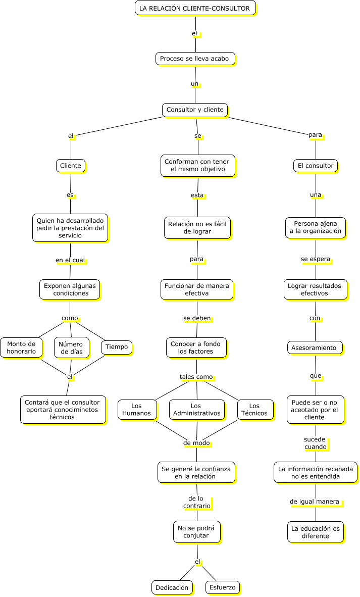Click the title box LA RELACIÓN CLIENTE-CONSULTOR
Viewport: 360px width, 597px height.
click(195, 8)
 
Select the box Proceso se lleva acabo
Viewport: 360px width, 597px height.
click(195, 59)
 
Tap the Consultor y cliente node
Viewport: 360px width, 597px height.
click(195, 110)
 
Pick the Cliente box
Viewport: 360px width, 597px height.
click(70, 166)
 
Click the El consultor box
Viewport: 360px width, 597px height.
click(316, 166)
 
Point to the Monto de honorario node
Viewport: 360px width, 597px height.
click(21, 347)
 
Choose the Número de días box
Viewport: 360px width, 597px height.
click(72, 347)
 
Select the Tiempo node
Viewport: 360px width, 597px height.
click(117, 347)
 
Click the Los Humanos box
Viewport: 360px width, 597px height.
click(137, 410)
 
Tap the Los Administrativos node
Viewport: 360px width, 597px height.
click(197, 410)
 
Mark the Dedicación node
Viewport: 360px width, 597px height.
click(172, 587)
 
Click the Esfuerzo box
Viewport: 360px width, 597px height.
click(223, 587)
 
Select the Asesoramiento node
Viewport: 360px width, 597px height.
click(315, 347)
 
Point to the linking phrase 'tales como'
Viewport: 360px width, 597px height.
click(196, 377)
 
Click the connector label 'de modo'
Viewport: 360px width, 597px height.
click(196, 443)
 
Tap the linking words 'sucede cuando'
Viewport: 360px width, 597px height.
click(315, 443)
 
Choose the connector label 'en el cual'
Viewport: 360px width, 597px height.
click(70, 260)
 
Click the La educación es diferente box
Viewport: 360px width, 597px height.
click(316, 532)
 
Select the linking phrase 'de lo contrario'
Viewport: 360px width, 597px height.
click(197, 502)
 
